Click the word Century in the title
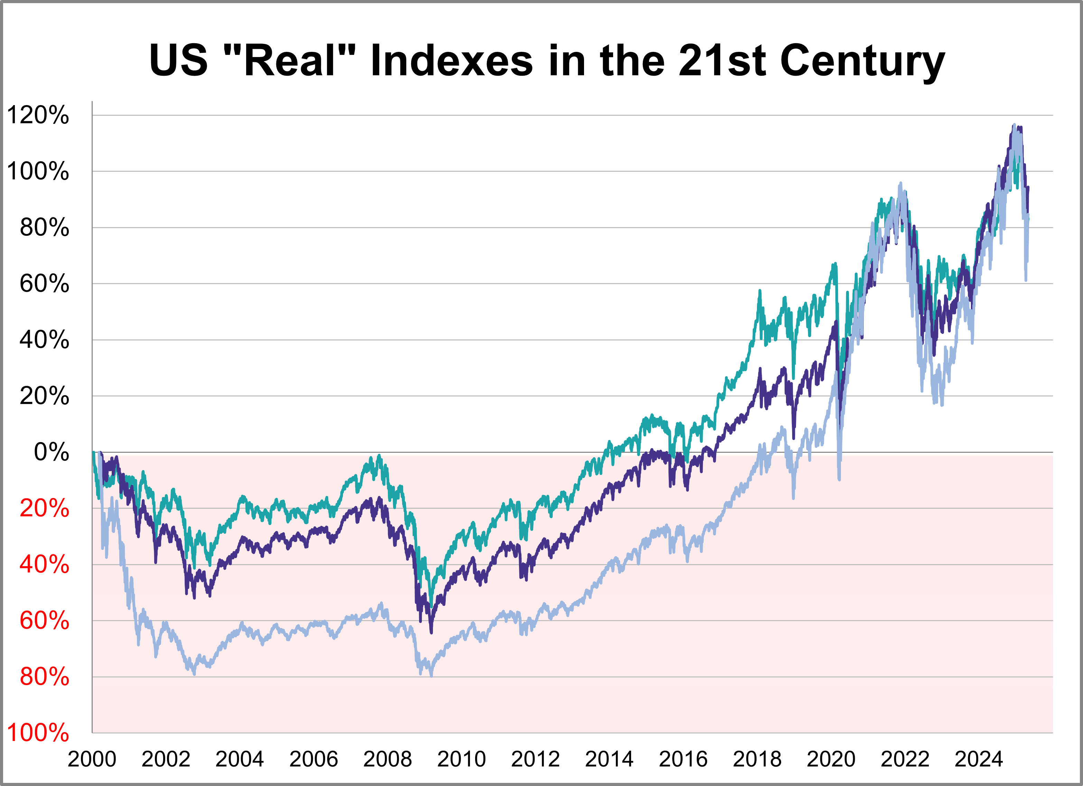pyautogui.click(x=862, y=61)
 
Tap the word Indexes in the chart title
pyautogui.click(x=451, y=61)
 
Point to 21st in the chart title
pyautogui.click(x=722, y=61)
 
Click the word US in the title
pyautogui.click(x=178, y=61)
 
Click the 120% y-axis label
pyautogui.click(x=38, y=115)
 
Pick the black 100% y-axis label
pyautogui.click(x=38, y=171)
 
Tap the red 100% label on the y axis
pyautogui.click(x=38, y=732)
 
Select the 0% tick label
pyautogui.click(x=52, y=452)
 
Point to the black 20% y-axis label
pyautogui.click(x=44, y=396)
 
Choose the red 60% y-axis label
pyautogui.click(x=44, y=621)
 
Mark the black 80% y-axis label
pyautogui.click(x=44, y=228)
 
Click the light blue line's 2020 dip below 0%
pyautogui.click(x=840, y=477)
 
